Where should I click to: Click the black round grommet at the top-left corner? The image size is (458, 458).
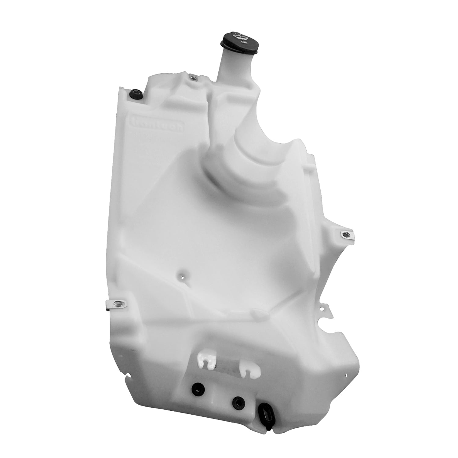coord(135,93)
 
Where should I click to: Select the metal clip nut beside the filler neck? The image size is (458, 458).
coord(192,78)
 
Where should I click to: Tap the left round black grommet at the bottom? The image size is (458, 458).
coord(195,388)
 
